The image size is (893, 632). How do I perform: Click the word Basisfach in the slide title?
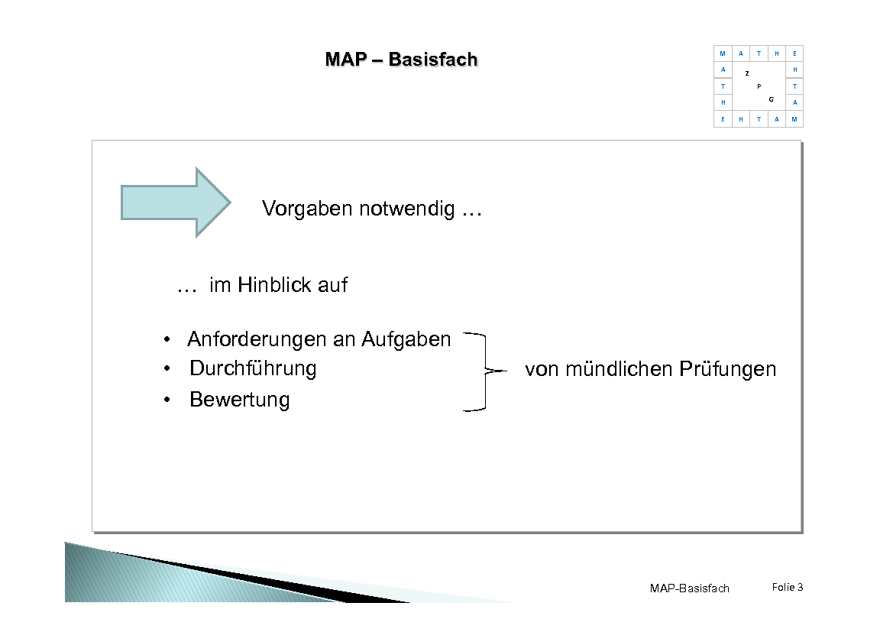tap(432, 60)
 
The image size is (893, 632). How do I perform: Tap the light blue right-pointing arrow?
tap(176, 203)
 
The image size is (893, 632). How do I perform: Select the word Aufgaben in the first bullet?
tap(406, 339)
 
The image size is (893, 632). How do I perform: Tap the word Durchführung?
tap(253, 368)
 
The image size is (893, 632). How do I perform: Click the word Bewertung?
tap(240, 400)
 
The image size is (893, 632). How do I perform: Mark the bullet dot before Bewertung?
tap(167, 400)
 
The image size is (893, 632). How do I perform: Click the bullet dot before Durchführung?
tap(167, 369)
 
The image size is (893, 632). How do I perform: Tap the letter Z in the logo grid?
tap(746, 73)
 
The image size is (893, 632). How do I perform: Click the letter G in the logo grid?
tap(772, 99)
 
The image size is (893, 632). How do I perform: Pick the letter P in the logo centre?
tap(759, 86)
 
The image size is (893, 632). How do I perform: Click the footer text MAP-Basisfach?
tap(689, 588)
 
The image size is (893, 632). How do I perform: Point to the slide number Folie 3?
tap(787, 587)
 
